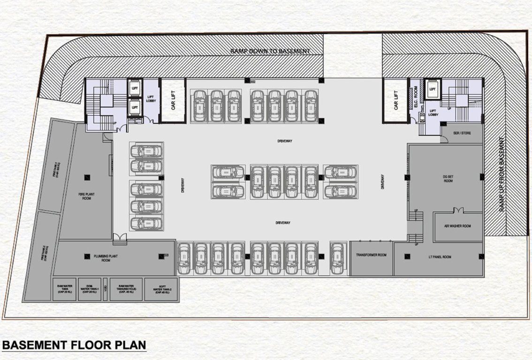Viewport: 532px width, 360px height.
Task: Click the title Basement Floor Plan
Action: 74,345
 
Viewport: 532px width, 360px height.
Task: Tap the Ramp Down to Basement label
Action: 270,51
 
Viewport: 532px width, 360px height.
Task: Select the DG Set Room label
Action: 448,179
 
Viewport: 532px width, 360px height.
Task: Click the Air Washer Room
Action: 457,226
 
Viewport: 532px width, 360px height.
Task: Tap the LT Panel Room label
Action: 440,257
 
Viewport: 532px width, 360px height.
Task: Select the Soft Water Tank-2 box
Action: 160,290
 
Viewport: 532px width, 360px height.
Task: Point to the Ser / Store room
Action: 462,133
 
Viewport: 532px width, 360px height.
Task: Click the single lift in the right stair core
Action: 433,89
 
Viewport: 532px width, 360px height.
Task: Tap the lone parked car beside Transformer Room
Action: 337,258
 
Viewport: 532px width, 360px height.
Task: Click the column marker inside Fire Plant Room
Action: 87,176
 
